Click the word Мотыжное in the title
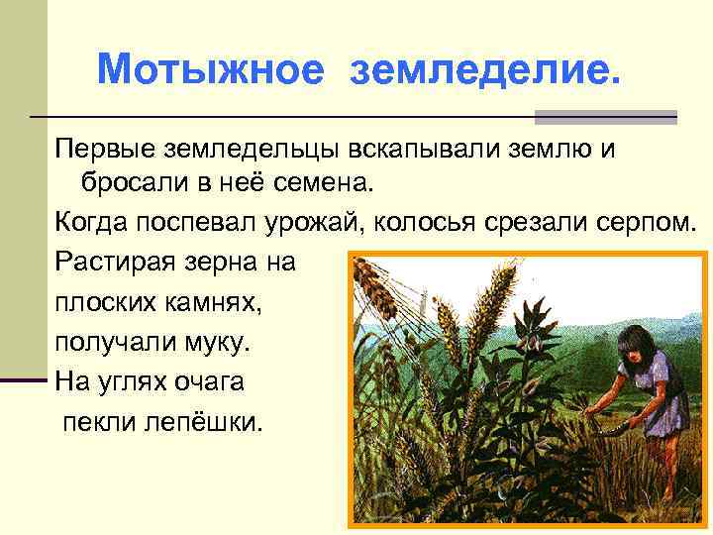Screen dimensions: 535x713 click(x=210, y=69)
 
